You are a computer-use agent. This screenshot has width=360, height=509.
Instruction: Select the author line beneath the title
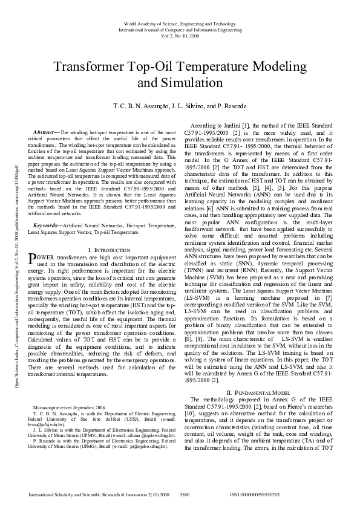pyautogui.click(x=180, y=106)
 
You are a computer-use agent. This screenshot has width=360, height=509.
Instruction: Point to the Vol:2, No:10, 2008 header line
pyautogui.click(x=180, y=35)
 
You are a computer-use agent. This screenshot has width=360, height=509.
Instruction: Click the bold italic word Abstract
pyautogui.click(x=43, y=131)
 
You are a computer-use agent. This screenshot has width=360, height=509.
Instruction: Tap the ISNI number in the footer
pyautogui.click(x=255, y=494)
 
